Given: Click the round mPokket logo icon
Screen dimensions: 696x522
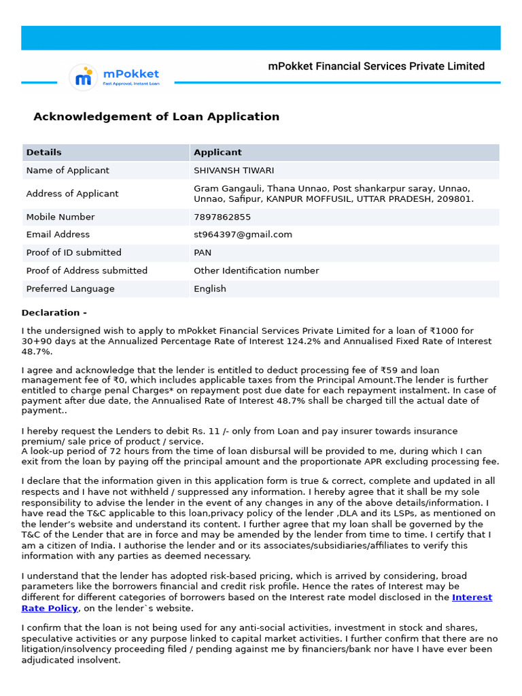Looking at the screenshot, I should pyautogui.click(x=84, y=78).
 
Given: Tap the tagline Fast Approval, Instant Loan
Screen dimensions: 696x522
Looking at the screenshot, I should pyautogui.click(x=131, y=84).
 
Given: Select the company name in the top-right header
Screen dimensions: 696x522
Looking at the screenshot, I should pyautogui.click(x=376, y=66).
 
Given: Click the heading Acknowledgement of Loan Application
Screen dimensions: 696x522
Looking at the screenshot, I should pyautogui.click(x=156, y=116).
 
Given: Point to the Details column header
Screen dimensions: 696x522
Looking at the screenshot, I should pyautogui.click(x=43, y=152).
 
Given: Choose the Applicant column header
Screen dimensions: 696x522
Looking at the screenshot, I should pyautogui.click(x=217, y=152).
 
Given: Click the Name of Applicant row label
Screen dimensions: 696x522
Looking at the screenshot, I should pyautogui.click(x=67, y=170).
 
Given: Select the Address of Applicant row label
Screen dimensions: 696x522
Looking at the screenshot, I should pyautogui.click(x=72, y=194).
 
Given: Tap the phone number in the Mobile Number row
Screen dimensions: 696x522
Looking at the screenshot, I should pyautogui.click(x=222, y=217).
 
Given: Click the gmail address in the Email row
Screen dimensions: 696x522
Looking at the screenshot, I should pyautogui.click(x=243, y=234).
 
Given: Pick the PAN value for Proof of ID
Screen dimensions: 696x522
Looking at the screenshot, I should pyautogui.click(x=203, y=252).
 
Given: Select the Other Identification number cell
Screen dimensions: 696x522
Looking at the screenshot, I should pyautogui.click(x=256, y=271).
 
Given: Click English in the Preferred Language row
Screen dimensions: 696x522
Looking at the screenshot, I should pyautogui.click(x=210, y=289).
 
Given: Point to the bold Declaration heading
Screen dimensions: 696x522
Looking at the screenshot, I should pyautogui.click(x=54, y=313).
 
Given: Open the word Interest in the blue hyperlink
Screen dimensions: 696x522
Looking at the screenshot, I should pyautogui.click(x=472, y=597).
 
